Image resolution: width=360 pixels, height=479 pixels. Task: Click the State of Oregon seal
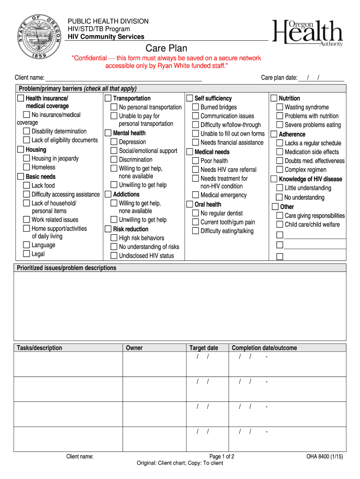(39, 36)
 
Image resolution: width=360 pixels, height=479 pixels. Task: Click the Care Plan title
(166, 48)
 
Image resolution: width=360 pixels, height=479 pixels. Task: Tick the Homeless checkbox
(27, 167)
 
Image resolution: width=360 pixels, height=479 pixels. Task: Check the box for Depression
(114, 142)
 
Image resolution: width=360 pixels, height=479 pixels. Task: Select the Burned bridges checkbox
(195, 107)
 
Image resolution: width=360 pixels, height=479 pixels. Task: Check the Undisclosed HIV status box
(114, 255)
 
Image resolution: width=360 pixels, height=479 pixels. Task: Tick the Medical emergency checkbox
(195, 195)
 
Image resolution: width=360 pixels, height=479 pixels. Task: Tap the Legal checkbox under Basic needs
(27, 254)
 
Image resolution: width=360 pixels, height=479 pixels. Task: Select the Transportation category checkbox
(108, 98)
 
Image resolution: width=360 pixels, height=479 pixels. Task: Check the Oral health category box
(189, 204)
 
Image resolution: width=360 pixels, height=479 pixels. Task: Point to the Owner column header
(134, 348)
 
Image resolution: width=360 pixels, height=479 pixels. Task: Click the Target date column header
(203, 348)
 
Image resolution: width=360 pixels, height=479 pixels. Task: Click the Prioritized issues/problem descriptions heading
(66, 268)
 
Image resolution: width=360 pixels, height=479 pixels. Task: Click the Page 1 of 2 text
(222, 457)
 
